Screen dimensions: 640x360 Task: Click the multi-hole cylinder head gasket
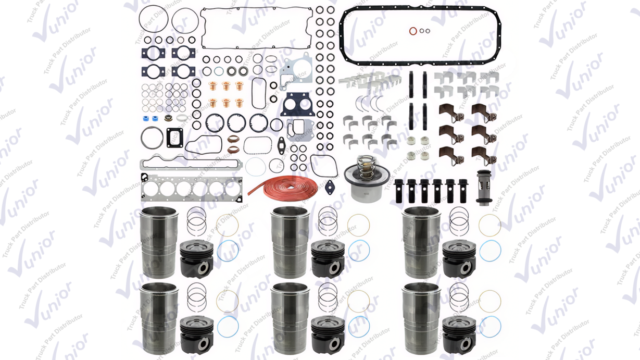click(192, 189)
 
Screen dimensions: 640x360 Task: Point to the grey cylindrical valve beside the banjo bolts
click(484, 188)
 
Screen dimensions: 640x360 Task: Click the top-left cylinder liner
click(159, 242)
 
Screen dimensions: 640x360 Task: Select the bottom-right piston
click(459, 335)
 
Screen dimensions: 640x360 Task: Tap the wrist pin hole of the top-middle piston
click(334, 268)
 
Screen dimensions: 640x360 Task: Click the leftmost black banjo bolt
click(398, 191)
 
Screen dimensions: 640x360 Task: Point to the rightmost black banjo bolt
click(463, 191)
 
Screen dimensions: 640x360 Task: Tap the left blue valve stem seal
click(146, 118)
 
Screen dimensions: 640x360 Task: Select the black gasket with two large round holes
click(298, 105)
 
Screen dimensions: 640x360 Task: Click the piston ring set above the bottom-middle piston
click(328, 297)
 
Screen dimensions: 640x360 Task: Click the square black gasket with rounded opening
click(175, 138)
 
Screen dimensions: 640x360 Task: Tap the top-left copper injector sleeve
click(212, 86)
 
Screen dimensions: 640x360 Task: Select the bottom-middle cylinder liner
click(290, 319)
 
